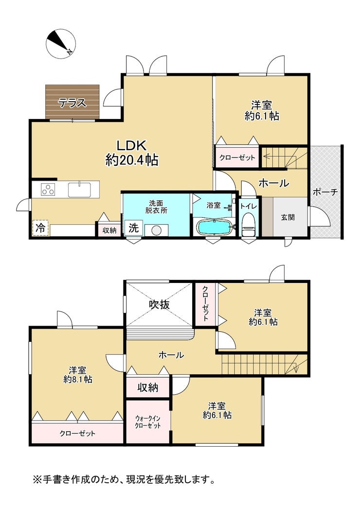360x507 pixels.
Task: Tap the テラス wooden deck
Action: tap(72, 102)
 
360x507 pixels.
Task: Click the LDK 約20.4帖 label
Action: tap(132, 153)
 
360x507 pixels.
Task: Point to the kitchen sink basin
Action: tap(79, 190)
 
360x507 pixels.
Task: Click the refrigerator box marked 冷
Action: tap(40, 227)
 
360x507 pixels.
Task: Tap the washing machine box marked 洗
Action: tap(133, 227)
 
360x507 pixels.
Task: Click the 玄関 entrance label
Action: tap(288, 217)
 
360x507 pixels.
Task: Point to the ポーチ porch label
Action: tap(325, 192)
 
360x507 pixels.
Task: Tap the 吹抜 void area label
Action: tap(159, 304)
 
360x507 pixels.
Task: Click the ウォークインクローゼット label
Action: tap(148, 422)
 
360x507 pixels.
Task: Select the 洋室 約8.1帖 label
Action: tap(78, 374)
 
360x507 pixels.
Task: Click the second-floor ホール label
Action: tap(171, 355)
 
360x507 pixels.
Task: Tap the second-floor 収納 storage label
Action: tap(147, 387)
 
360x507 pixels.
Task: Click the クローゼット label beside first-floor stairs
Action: tap(237, 158)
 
